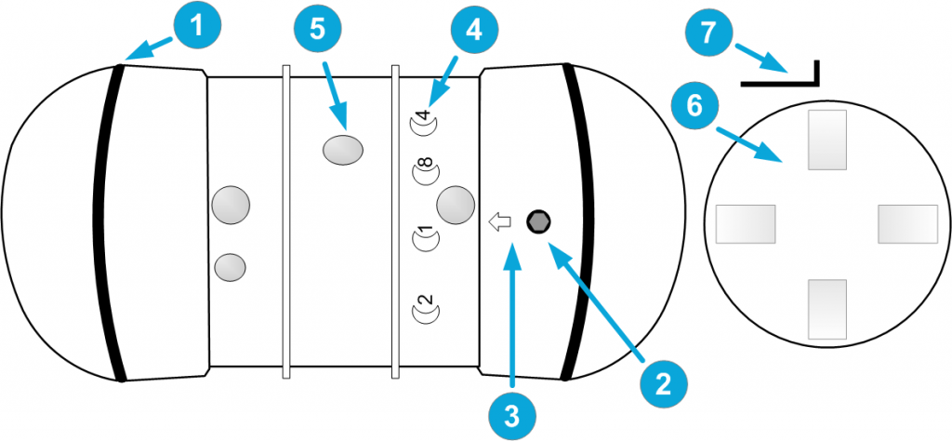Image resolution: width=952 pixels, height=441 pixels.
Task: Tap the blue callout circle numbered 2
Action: click(x=661, y=382)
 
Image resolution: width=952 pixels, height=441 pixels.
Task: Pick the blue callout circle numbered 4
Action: click(x=473, y=30)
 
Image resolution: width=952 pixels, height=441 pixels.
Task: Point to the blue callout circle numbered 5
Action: click(x=317, y=30)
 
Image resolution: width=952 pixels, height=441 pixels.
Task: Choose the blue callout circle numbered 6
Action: click(x=694, y=109)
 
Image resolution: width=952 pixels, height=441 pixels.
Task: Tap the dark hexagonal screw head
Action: click(x=538, y=221)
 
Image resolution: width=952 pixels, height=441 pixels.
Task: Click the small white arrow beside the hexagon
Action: click(x=500, y=222)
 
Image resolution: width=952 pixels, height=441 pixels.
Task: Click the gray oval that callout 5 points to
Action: click(x=343, y=150)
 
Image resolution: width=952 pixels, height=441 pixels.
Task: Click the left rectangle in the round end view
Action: click(x=745, y=224)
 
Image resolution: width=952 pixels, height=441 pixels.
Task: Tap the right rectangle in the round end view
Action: click(x=907, y=224)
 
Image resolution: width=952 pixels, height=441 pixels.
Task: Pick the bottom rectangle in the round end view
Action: click(x=827, y=307)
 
